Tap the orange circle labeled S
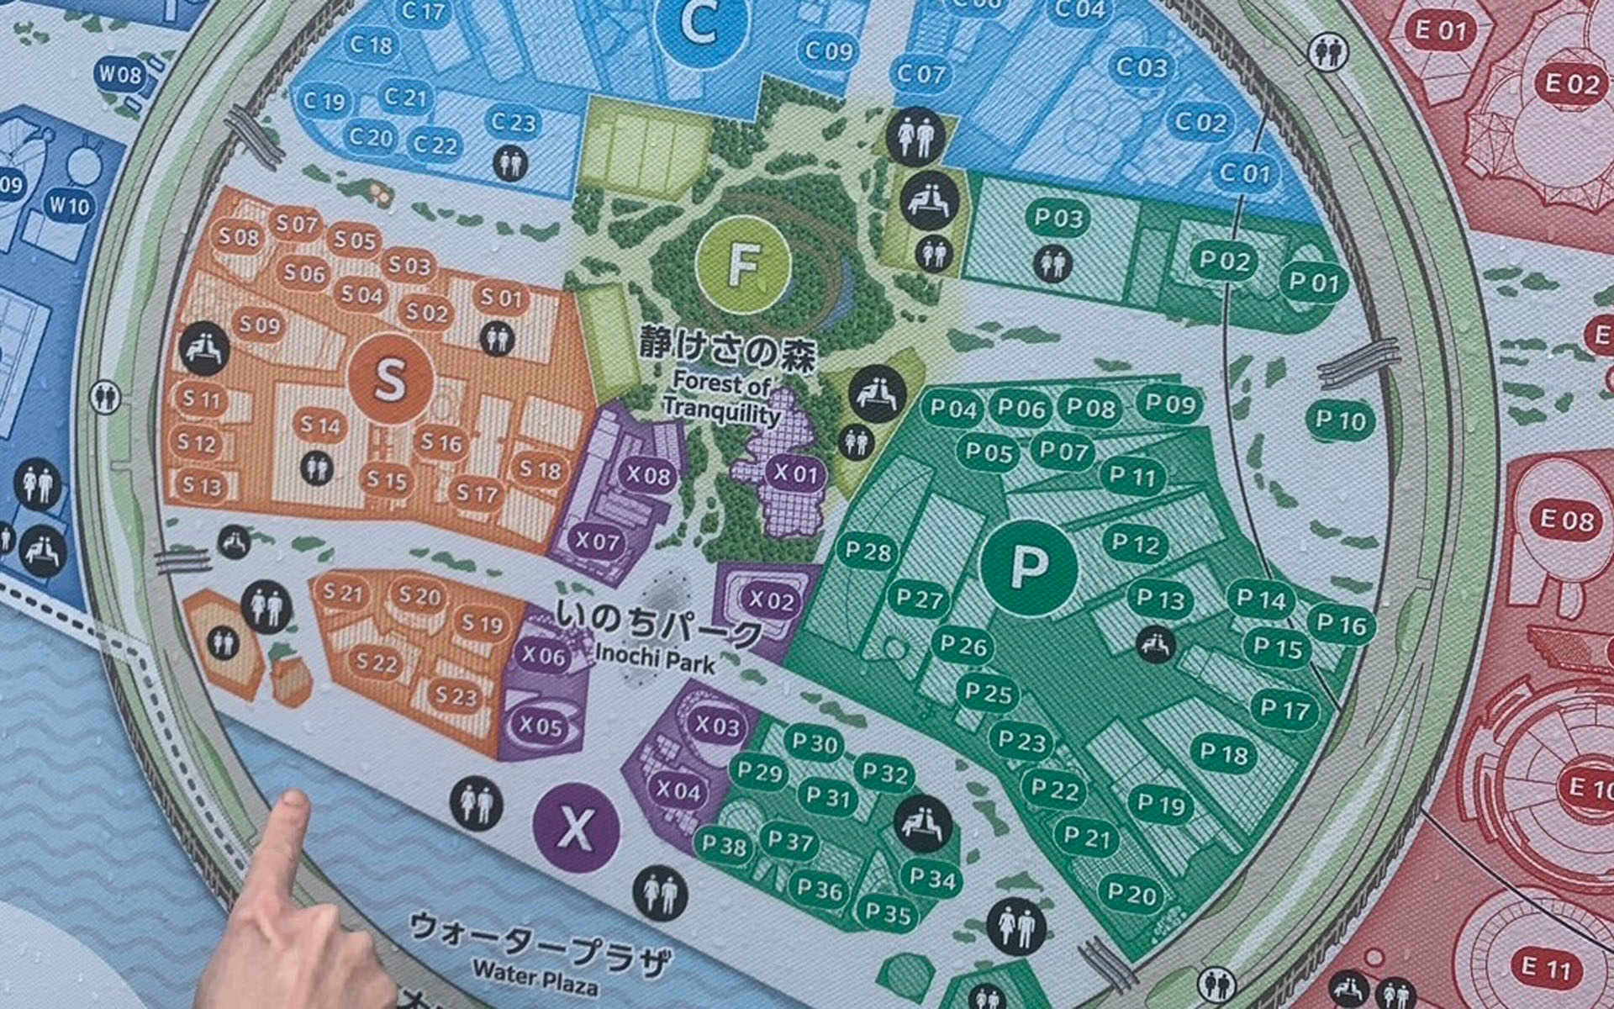pyautogui.click(x=391, y=379)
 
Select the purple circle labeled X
pyautogui.click(x=577, y=827)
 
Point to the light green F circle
pyautogui.click(x=743, y=264)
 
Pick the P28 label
pyautogui.click(x=868, y=552)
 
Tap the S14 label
pyautogui.click(x=320, y=425)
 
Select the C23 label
pyautogui.click(x=513, y=123)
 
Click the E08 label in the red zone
pyautogui.click(x=1566, y=520)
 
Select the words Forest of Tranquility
pyautogui.click(x=721, y=399)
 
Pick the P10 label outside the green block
pyautogui.click(x=1341, y=420)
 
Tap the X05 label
pyautogui.click(x=541, y=725)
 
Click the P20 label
pyautogui.click(x=1131, y=894)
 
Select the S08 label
pyautogui.click(x=239, y=237)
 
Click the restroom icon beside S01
pyautogui.click(x=498, y=339)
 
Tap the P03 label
pyautogui.click(x=1058, y=219)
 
